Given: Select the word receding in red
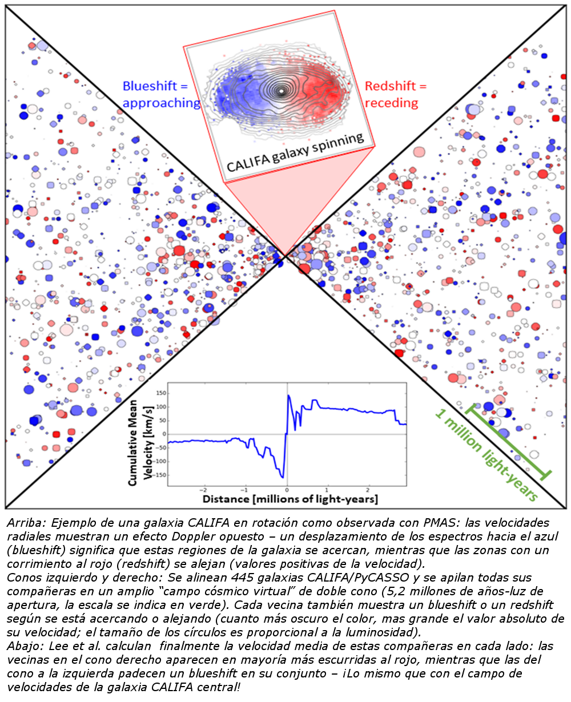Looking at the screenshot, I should pos(391,103).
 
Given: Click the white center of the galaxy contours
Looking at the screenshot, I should pos(280,90).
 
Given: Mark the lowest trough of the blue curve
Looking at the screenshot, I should pos(283,477).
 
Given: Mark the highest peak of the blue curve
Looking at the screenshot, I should pos(289,395).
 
